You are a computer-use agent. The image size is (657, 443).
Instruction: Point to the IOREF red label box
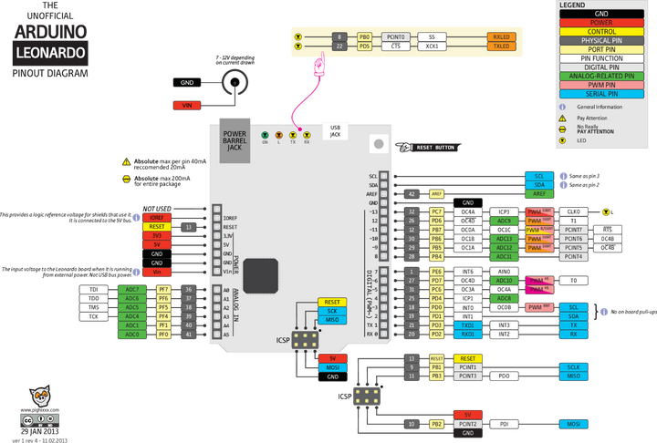157,217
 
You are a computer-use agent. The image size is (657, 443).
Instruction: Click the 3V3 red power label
157,235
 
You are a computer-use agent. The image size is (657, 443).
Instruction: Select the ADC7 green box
132,289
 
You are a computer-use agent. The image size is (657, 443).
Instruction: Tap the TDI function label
94,289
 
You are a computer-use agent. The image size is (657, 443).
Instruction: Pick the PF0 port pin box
162,335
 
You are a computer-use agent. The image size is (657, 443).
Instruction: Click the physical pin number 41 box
188,335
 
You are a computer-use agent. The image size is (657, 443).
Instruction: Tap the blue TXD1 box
467,325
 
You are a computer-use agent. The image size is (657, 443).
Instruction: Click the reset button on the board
375,144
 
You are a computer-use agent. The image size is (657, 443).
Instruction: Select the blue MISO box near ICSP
332,319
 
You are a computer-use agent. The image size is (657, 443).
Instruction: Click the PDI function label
504,424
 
